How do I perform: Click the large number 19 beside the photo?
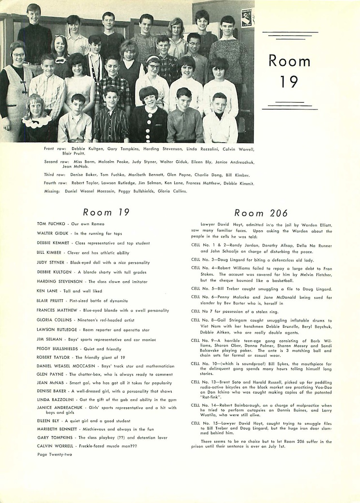tap(289, 81)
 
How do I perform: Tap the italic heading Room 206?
tap(261, 213)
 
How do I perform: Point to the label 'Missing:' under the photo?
tap(52, 191)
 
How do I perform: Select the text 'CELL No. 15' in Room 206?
tap(204, 423)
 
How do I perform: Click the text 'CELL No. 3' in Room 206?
tap(203, 260)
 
